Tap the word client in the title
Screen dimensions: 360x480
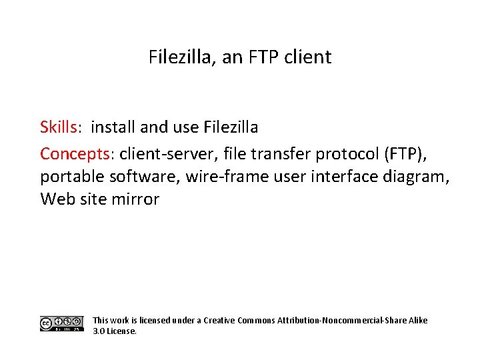(308, 57)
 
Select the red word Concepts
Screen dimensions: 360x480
(75, 154)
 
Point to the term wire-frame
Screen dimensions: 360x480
(225, 177)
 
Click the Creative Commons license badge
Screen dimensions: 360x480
(61, 324)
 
